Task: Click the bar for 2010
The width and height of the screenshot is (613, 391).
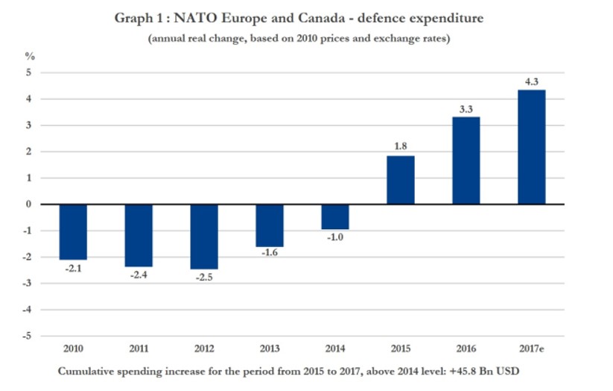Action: pyautogui.click(x=73, y=231)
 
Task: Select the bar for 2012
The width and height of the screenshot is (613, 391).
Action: pyautogui.click(x=204, y=237)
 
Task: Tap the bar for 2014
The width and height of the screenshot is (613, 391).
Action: pyautogui.click(x=335, y=216)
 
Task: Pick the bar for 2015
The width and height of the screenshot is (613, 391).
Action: pyautogui.click(x=401, y=180)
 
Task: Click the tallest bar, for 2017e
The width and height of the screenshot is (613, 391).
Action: pyautogui.click(x=532, y=147)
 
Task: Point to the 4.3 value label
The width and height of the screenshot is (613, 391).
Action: pyautogui.click(x=532, y=81)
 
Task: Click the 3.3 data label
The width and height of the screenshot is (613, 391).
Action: pyautogui.click(x=466, y=108)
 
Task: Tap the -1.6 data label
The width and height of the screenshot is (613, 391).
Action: pyautogui.click(x=270, y=254)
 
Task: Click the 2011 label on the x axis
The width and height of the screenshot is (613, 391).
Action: pyautogui.click(x=139, y=348)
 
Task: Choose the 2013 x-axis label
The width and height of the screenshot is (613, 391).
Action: pyautogui.click(x=270, y=348)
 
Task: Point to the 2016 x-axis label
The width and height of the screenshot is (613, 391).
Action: pyautogui.click(x=466, y=348)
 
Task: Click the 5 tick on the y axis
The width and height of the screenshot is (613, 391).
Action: pyautogui.click(x=31, y=73)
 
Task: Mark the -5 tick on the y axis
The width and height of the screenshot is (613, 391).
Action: pyautogui.click(x=29, y=336)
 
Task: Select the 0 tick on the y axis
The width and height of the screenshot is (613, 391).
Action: pyautogui.click(x=31, y=204)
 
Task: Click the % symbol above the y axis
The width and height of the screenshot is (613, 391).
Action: pyautogui.click(x=30, y=56)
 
